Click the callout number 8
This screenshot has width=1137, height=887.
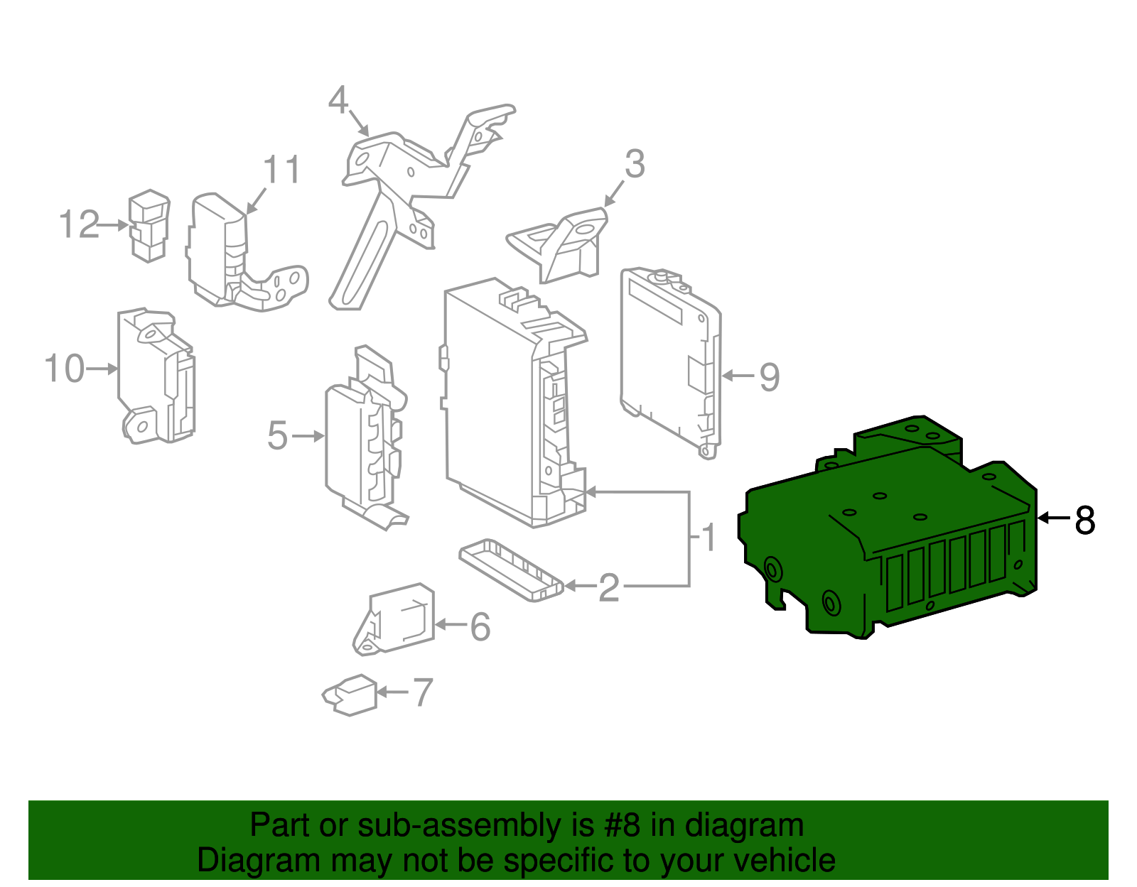(x=1085, y=520)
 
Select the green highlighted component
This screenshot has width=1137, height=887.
(x=888, y=540)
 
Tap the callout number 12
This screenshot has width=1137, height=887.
(x=79, y=224)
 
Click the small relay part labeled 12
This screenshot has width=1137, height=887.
(x=149, y=225)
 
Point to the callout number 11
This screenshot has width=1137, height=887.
(x=282, y=170)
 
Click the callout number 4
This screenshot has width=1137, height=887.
(x=338, y=101)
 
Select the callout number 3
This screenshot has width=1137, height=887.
(x=635, y=164)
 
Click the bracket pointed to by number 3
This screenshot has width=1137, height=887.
(x=561, y=245)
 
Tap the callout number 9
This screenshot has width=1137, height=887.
(x=769, y=376)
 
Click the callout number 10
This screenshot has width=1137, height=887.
(x=65, y=369)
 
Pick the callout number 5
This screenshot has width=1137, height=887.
(x=278, y=435)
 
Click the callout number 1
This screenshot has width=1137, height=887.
(x=708, y=538)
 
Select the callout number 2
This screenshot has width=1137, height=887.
(x=609, y=587)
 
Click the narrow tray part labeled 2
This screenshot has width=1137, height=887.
(x=510, y=570)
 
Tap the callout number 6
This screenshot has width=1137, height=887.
(x=480, y=626)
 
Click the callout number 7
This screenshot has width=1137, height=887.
(x=423, y=692)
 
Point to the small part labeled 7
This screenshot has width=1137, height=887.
(x=350, y=695)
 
